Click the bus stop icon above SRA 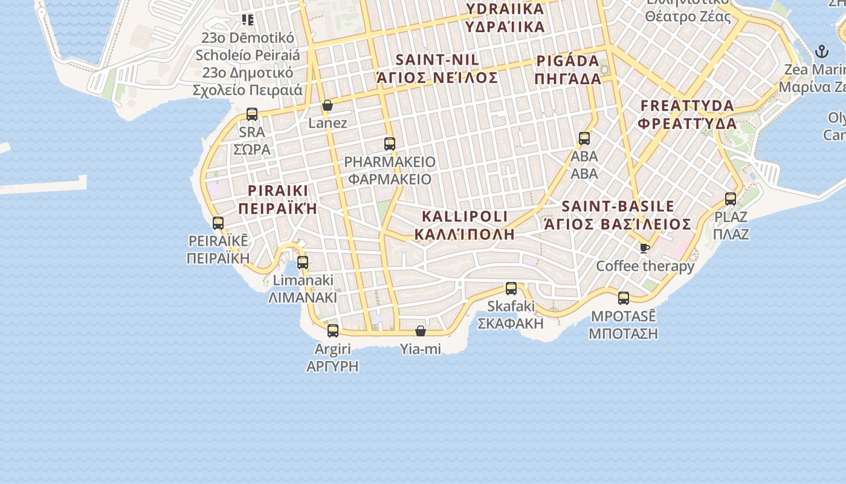tap(252, 114)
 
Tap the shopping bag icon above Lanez tap(328, 106)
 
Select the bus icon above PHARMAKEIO tap(390, 144)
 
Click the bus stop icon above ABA tap(584, 139)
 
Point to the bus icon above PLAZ tap(731, 198)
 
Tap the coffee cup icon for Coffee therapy tap(645, 247)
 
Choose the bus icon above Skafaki tap(511, 289)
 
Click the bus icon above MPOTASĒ tap(624, 298)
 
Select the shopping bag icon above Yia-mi tap(421, 331)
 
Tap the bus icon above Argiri tap(333, 331)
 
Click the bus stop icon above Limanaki tap(303, 263)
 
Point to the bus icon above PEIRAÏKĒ tap(218, 223)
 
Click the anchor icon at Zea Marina tap(821, 51)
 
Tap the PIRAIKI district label tap(278, 200)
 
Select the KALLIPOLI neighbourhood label tap(465, 225)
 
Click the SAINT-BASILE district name tap(618, 215)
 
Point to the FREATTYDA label tap(688, 114)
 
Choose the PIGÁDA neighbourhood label tap(568, 70)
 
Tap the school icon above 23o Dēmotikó tap(248, 20)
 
